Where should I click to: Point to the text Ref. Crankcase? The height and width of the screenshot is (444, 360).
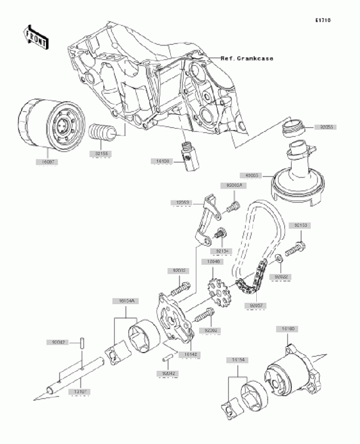[246, 58]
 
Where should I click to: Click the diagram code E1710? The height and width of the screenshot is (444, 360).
[323, 21]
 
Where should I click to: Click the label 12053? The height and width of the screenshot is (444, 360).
[181, 203]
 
